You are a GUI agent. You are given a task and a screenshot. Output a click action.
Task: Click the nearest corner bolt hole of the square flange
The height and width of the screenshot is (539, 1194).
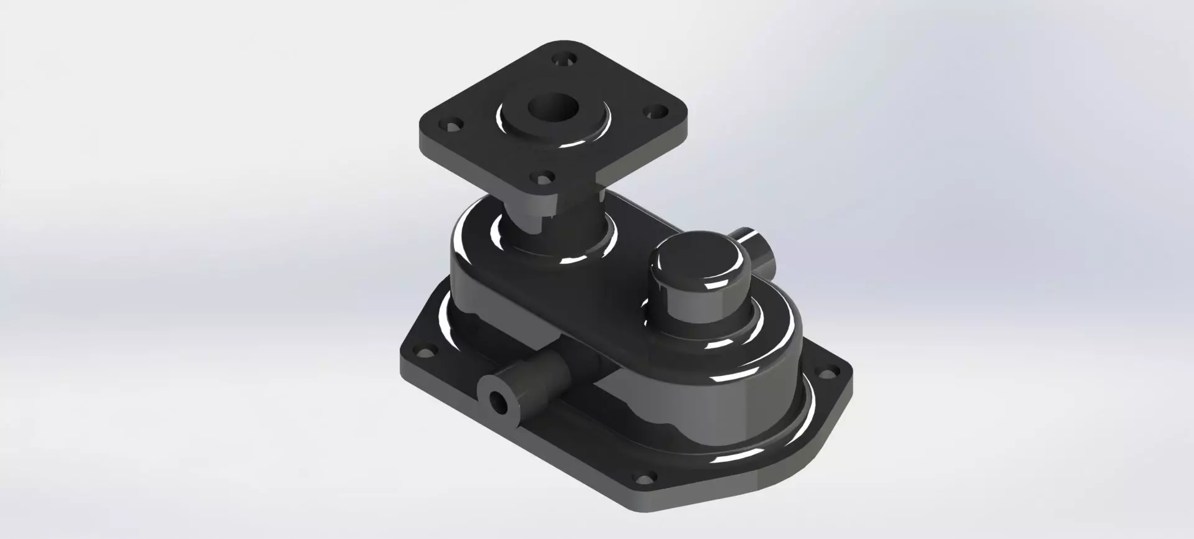pos(545,179)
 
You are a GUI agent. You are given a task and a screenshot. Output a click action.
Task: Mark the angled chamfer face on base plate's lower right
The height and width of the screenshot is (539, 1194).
pos(815,436)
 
